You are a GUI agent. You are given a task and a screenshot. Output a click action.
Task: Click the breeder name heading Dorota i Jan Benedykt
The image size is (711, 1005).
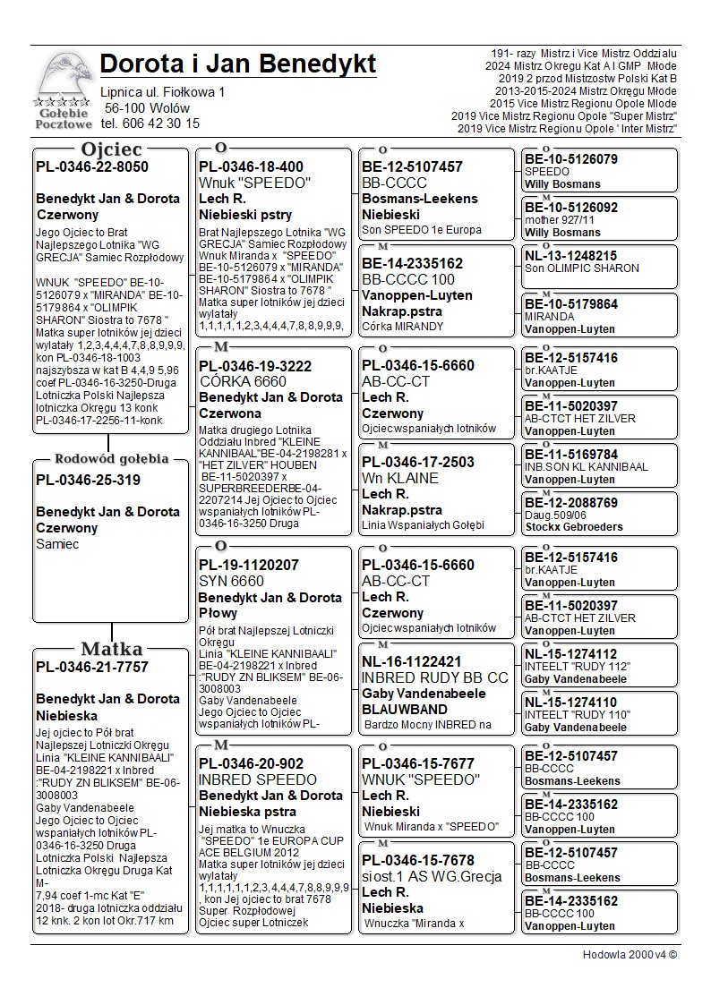point(238,64)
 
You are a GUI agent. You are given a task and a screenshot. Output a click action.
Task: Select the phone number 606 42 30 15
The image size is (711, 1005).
point(150,123)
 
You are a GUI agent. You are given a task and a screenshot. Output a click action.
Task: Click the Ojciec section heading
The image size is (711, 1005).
point(111,149)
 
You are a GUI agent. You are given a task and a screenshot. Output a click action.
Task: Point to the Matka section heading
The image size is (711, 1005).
point(111,649)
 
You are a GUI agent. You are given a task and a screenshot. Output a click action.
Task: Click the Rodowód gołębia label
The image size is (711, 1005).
point(111,459)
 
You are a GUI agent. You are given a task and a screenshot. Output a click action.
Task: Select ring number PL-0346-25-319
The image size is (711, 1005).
point(88,480)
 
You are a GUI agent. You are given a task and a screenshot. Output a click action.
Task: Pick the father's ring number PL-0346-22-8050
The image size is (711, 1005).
point(92,166)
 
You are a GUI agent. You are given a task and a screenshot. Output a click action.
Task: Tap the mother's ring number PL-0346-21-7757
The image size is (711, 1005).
point(92,667)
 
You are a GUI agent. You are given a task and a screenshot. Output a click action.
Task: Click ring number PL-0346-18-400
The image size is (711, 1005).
point(251,166)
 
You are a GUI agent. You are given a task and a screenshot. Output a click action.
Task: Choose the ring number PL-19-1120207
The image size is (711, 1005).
point(249,566)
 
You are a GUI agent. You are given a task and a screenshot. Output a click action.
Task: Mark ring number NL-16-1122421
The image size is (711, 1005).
point(412,661)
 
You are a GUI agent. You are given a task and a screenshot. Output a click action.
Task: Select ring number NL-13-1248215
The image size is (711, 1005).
point(570,256)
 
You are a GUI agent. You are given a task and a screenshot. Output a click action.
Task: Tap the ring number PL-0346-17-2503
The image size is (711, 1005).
point(418,462)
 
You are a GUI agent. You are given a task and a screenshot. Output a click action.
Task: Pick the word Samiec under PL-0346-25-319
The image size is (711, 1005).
point(57,544)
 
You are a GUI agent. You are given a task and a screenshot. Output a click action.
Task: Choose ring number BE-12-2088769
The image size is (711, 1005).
point(570,503)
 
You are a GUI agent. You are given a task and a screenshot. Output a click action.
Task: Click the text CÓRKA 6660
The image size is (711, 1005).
point(244,382)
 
